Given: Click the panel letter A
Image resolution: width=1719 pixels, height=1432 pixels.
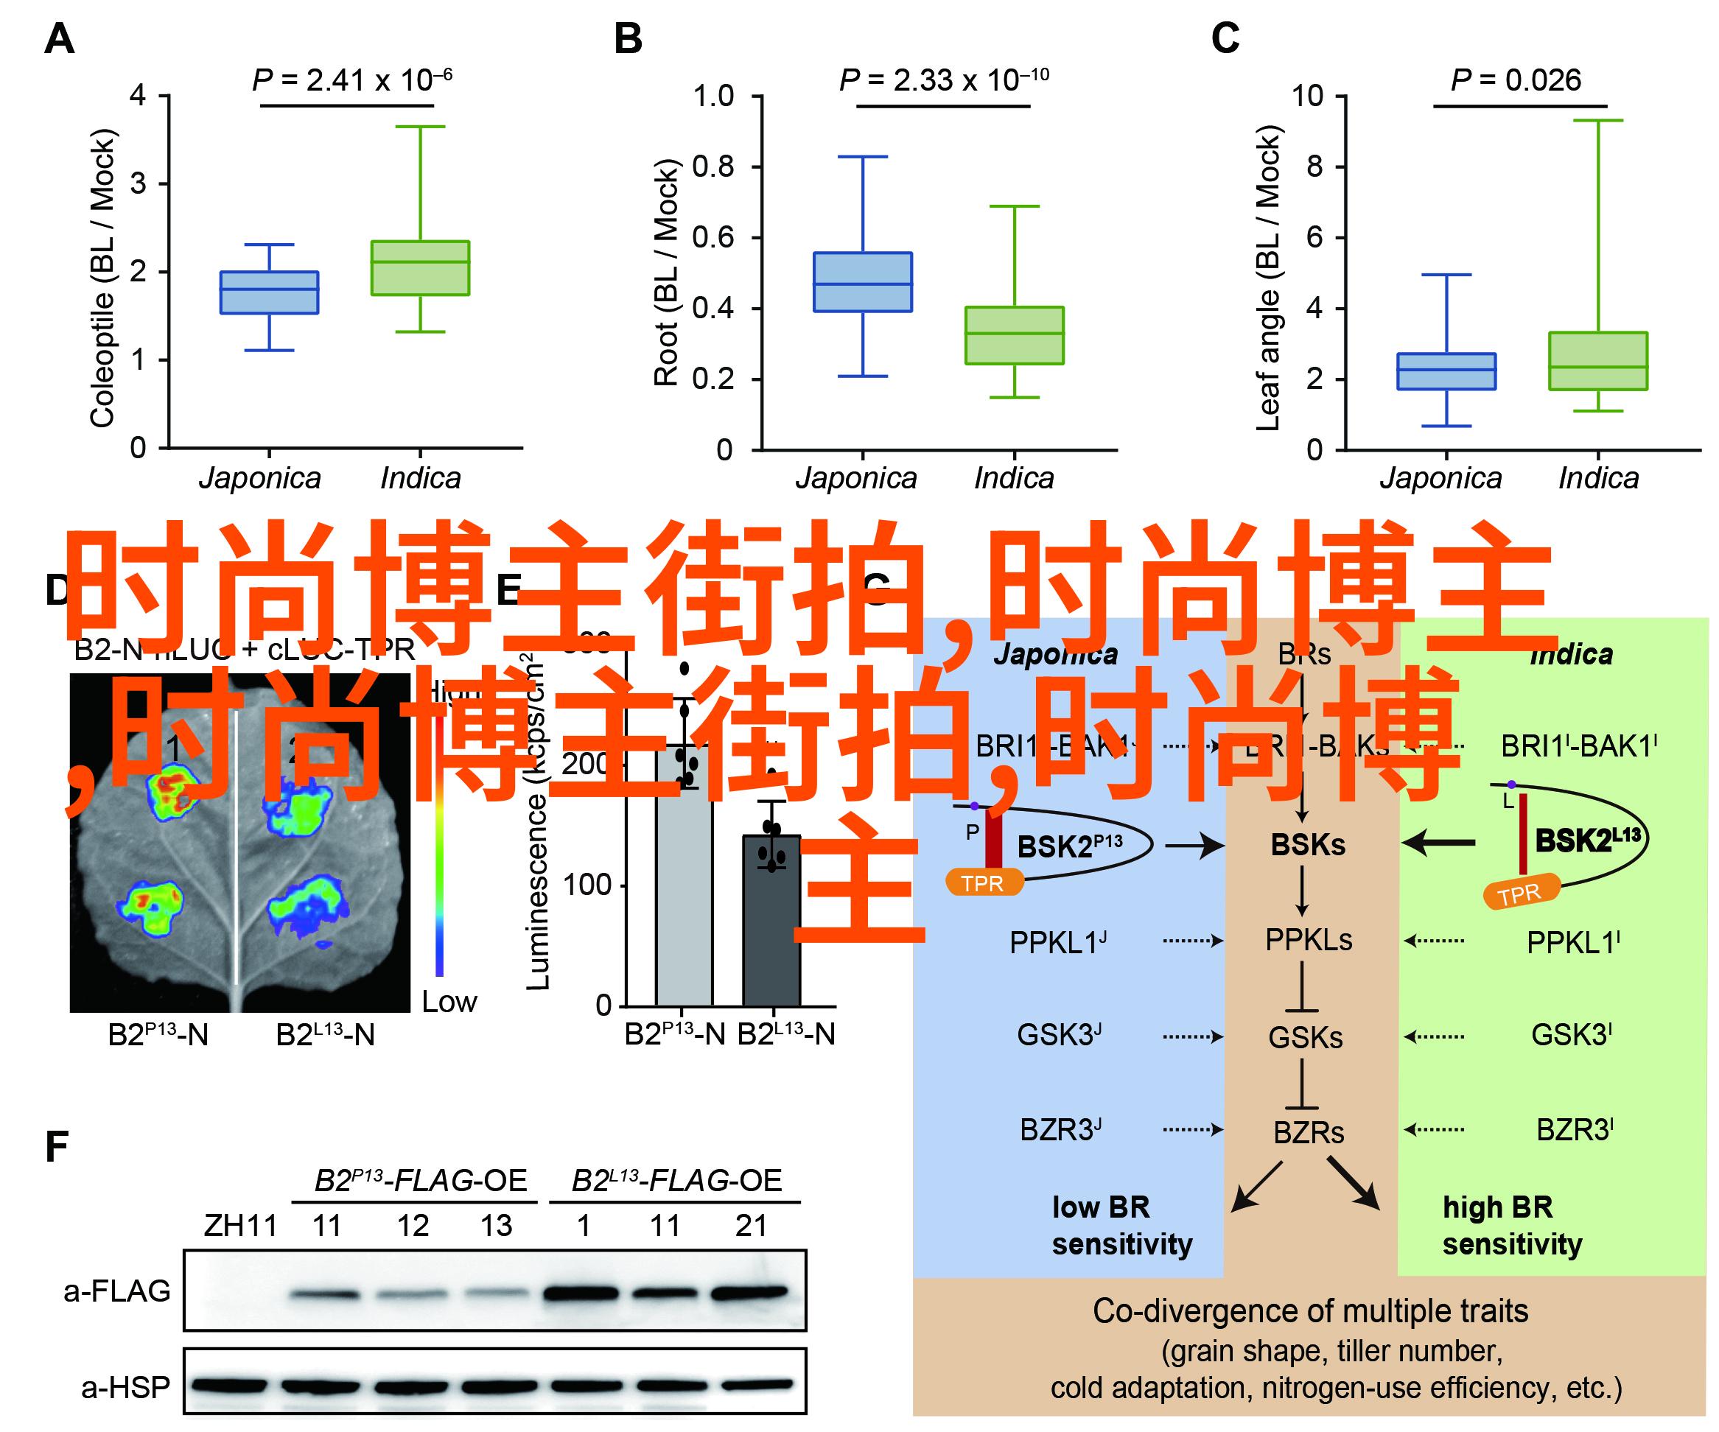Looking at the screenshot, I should pos(59,39).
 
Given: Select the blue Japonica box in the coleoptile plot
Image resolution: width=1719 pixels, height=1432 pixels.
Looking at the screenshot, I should pos(270,292).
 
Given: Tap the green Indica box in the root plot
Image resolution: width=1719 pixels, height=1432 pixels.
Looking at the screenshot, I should pos(1014,334).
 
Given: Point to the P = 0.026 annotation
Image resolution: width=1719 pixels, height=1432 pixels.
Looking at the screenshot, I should pos(1515,80).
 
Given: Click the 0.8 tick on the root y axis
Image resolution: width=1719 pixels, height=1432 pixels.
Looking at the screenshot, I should pos(713,167).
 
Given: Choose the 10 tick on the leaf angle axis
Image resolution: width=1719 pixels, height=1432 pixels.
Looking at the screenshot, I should pos(1307,96).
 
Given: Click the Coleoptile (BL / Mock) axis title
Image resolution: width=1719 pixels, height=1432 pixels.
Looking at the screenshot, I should pos(103,278).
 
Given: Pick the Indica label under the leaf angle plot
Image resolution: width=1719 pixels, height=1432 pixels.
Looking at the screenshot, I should pos(1598,478).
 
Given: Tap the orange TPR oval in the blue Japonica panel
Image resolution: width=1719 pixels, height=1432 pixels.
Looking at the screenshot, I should pos(984,883).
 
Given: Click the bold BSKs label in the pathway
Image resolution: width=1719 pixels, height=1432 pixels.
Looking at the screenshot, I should pos(1307,844).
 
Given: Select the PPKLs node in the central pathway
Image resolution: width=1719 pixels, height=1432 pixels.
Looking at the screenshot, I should pos(1308,939).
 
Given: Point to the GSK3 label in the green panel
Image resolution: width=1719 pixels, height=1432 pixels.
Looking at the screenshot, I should pos(1571,1035).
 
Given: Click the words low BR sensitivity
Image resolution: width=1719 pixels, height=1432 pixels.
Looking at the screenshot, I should pos(1121,1225).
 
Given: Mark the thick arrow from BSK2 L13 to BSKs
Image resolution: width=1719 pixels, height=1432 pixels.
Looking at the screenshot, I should pos(1439,841).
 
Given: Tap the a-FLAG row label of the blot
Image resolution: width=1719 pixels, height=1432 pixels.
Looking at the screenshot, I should pos(117,1291).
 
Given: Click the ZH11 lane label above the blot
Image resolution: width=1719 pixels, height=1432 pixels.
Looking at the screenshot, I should pos(241,1226).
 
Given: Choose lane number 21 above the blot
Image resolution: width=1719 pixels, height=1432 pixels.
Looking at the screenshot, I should pos(751,1226).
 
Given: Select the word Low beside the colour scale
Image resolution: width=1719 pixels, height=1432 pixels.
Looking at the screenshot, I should pos(449,1002).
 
